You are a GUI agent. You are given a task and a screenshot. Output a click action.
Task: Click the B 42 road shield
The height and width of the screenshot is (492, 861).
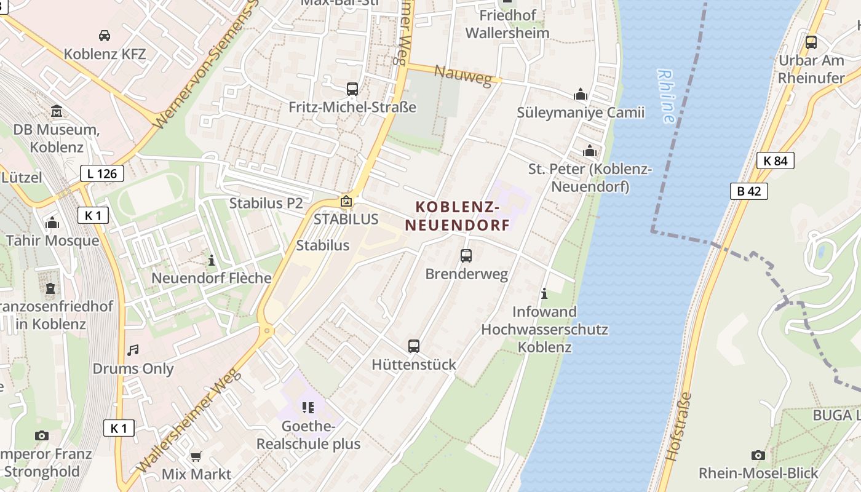coord(749,191)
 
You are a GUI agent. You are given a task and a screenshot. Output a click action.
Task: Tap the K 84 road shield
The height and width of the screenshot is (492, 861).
coord(775,161)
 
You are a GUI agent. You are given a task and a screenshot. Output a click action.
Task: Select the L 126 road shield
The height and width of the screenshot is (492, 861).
coord(102,173)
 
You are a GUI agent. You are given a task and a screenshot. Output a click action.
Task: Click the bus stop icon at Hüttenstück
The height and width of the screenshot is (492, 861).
coord(414,346)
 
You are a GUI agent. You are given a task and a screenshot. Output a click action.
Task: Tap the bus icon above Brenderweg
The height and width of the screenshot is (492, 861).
coord(466,255)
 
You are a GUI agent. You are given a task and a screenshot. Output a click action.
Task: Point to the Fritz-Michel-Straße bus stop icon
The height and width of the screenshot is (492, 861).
coord(352,89)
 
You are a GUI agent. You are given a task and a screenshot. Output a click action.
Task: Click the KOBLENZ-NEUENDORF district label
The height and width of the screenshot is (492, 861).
coord(458,216)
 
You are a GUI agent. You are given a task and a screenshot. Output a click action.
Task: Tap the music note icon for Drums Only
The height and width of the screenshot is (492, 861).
coord(133,351)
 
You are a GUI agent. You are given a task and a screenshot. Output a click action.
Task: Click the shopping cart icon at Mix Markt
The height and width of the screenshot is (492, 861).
coord(196,456)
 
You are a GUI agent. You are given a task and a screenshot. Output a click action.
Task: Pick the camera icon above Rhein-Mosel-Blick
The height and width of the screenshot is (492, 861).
coord(758,455)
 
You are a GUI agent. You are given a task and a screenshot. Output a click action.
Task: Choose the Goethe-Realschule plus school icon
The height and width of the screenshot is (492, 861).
coord(307,407)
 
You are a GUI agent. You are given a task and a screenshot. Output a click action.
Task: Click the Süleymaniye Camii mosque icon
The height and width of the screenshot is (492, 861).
coord(581,95)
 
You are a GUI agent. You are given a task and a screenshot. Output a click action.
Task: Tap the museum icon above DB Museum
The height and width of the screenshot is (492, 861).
coord(57,111)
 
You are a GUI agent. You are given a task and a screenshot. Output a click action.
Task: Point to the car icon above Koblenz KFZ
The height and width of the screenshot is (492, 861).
coord(105,36)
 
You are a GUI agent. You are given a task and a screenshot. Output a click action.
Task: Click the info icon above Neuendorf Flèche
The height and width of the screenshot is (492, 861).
coord(212,260)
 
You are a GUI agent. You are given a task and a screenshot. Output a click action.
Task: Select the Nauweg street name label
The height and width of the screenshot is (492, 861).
coord(464,76)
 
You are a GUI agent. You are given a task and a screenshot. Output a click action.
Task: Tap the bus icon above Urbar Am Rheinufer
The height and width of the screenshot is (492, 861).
coord(811,42)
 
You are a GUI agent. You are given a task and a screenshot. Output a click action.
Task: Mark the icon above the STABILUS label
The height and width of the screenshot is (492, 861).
coord(346,201)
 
